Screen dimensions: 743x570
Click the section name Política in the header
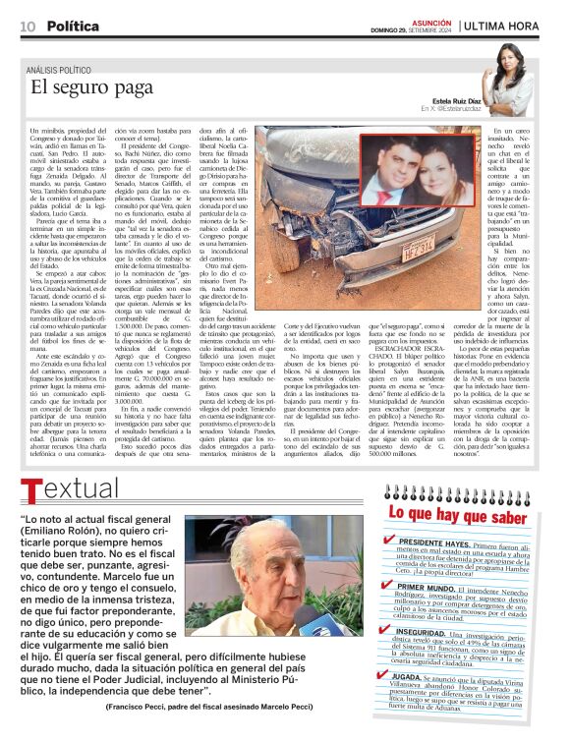[73, 25]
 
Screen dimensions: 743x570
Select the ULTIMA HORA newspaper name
[508, 26]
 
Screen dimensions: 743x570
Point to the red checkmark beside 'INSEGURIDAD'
[390, 632]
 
